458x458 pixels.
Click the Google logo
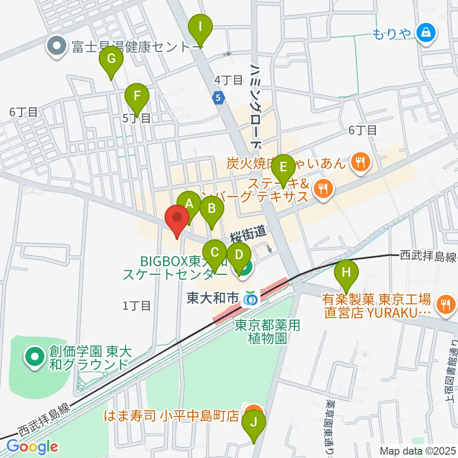click(x=32, y=447)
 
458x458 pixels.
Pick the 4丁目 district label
click(x=229, y=80)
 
